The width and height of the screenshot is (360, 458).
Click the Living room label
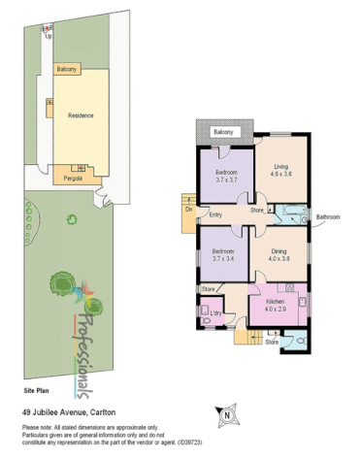coord(280,166)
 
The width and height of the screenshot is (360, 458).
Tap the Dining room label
coord(281,249)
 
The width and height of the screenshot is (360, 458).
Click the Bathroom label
coord(327,216)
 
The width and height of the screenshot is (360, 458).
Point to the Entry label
coord(216,214)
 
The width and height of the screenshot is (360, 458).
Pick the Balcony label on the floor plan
coord(224,132)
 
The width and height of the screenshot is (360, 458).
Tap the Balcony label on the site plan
coord(67,70)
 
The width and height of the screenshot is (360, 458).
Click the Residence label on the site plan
coord(81,115)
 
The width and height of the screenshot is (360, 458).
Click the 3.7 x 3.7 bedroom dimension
coord(226,180)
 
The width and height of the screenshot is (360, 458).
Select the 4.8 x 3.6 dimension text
coord(280,174)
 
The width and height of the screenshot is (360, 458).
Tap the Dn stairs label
coord(188,209)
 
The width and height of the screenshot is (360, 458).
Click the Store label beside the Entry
coord(257,210)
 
